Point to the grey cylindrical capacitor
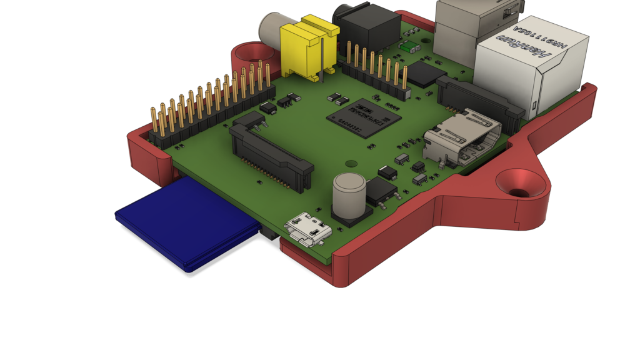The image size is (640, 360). (349, 194)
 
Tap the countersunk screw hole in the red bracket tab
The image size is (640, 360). (519, 183)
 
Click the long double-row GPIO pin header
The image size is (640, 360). (212, 106)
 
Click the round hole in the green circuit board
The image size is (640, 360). (351, 164)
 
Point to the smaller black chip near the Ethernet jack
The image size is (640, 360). (427, 74)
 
